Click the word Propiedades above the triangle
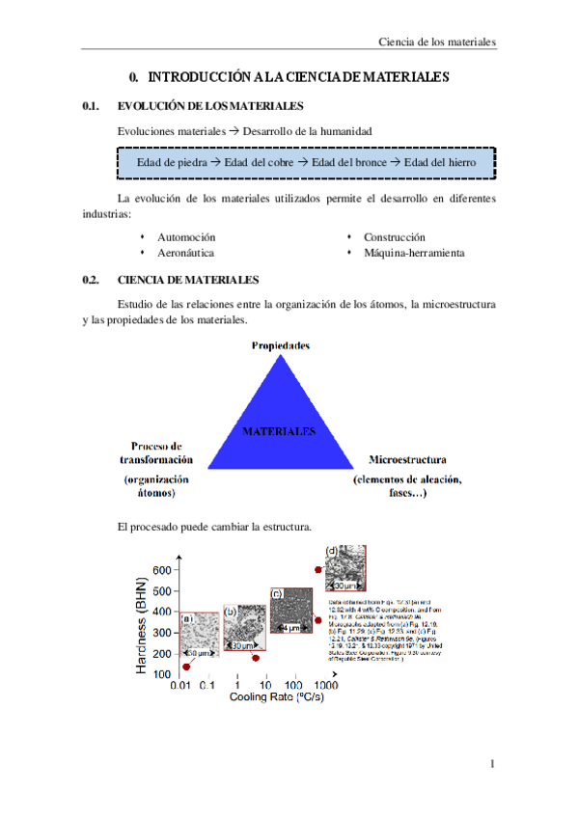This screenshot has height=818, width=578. (x=280, y=344)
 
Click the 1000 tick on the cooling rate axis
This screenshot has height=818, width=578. (x=325, y=684)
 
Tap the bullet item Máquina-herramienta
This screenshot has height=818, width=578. (x=414, y=253)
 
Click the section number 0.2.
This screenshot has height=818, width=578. (x=92, y=280)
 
